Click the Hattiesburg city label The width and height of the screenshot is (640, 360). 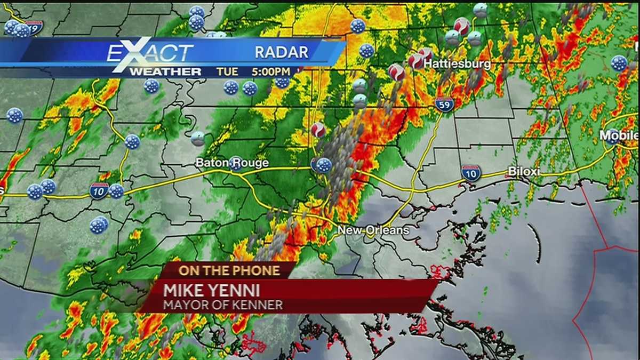click(457, 63)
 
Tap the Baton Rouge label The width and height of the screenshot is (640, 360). click(232, 163)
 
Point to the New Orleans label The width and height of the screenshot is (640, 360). click(373, 230)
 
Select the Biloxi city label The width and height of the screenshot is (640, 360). click(524, 172)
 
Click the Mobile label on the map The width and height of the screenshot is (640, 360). click(619, 135)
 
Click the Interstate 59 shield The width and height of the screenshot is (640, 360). click(444, 104)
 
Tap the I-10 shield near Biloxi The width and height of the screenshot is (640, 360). click(471, 173)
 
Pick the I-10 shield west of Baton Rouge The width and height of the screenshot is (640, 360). click(99, 190)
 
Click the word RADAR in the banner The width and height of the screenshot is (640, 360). click(281, 52)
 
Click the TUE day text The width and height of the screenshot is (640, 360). click(227, 71)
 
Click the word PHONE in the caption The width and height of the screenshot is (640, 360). click(259, 270)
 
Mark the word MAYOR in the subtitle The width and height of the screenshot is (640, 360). click(183, 306)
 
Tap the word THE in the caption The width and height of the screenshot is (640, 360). click(217, 270)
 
